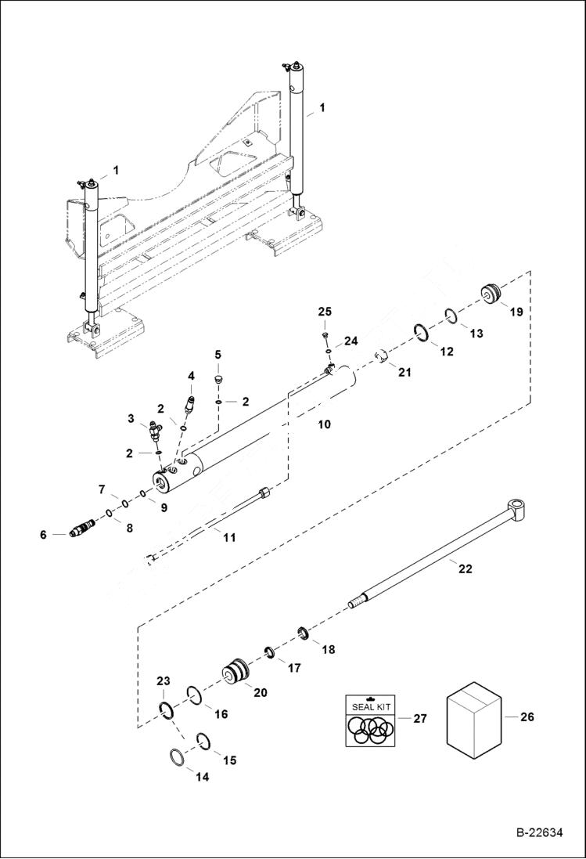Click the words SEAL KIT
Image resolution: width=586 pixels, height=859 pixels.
[x=372, y=706]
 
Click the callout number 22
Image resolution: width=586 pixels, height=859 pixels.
[x=465, y=569]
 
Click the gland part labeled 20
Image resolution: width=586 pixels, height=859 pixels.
[x=235, y=673]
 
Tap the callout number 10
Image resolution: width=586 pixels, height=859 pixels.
[x=323, y=424]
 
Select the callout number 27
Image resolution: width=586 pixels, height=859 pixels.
[x=419, y=718]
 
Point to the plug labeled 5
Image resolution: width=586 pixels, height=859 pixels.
[x=220, y=381]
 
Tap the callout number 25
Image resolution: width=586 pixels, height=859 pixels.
[x=325, y=312]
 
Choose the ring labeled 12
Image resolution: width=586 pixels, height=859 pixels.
[x=420, y=333]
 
